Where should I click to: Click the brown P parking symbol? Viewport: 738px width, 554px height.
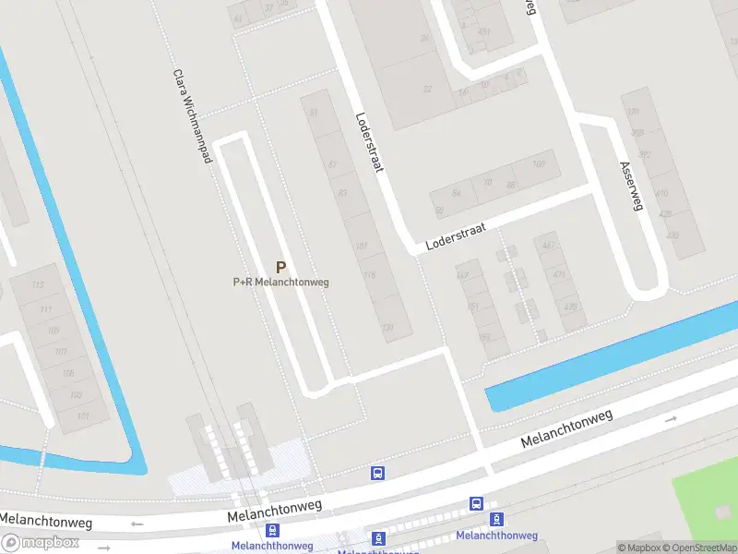pos(281,266)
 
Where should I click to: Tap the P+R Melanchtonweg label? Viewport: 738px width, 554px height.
pos(280,283)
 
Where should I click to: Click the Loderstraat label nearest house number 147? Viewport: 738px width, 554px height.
pos(456,236)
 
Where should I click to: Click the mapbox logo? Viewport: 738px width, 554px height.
pos(41,543)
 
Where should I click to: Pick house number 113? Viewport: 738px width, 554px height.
pos(38,285)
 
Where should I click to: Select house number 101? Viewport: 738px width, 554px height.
pos(83,417)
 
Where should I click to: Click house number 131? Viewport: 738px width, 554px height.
pos(388,328)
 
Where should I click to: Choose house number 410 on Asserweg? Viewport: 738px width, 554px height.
pos(661,194)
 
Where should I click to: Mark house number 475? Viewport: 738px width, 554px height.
pos(571,307)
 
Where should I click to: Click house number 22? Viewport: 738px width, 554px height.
pos(426,90)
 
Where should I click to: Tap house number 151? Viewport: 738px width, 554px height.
pos(473,307)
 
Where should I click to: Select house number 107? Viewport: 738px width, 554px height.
pos(62,352)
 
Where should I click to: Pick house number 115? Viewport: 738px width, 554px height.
pos(370,275)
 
